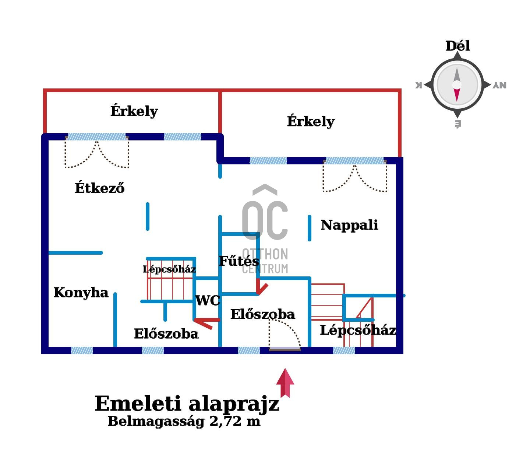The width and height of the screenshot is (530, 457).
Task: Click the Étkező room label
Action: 100,188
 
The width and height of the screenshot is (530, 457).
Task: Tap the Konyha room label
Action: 81,293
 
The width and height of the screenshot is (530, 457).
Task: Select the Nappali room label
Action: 349,225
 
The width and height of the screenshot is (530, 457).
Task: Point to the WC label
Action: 208,301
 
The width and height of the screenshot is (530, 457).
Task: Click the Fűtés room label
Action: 239,261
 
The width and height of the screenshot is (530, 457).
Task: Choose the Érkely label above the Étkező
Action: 134,111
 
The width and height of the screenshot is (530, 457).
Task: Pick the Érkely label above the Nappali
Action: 311,121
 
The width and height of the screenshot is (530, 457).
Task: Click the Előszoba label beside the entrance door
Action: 262,314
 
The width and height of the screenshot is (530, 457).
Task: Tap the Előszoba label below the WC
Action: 166,334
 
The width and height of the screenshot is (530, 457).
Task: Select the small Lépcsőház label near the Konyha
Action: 169,269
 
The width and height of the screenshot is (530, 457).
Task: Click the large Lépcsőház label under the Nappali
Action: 358,330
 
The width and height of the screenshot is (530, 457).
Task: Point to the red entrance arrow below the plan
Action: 285,383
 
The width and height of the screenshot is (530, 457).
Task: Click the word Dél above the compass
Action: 457,46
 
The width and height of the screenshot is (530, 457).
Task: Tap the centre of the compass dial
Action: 457,85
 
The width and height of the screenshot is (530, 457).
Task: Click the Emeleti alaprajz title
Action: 187,404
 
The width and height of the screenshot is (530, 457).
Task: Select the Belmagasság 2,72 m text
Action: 184,421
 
